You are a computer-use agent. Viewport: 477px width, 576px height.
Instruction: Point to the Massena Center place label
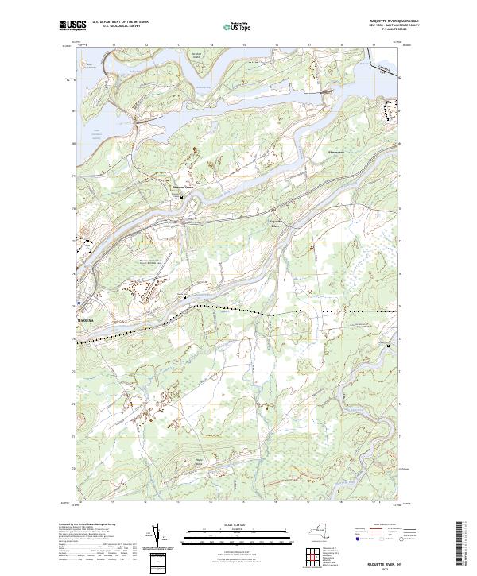coord(184,187)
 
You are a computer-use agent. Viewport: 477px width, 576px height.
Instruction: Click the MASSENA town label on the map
coord(85,321)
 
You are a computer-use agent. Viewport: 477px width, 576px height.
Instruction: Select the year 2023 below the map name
coord(387,567)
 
